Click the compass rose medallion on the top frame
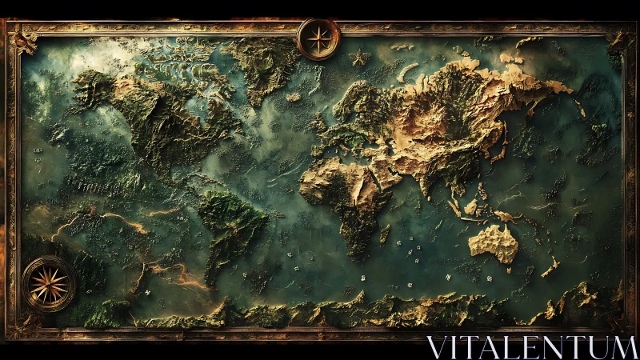pyautogui.click(x=318, y=38)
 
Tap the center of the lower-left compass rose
pyautogui.click(x=49, y=284)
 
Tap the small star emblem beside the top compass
pyautogui.click(x=358, y=57)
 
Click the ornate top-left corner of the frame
pyautogui.click(x=19, y=36)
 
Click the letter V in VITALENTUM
pyautogui.click(x=436, y=348)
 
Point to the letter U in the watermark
pyautogui.click(x=595, y=348)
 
